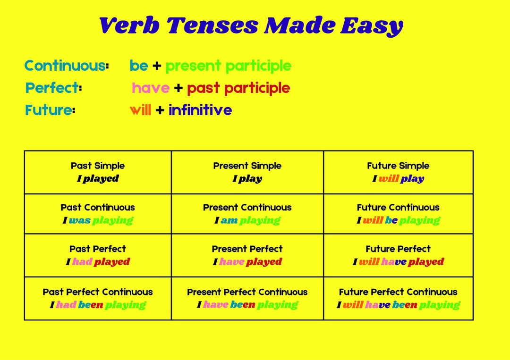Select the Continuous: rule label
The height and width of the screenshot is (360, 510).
(x=67, y=66)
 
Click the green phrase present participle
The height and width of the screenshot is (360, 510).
(x=228, y=66)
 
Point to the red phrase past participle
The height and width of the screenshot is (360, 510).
(x=238, y=88)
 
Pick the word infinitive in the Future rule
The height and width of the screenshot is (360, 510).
(x=200, y=110)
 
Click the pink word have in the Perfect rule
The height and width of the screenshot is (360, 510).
(x=151, y=88)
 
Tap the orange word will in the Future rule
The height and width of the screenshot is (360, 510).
(x=140, y=110)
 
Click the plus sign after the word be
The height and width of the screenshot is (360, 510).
(x=156, y=66)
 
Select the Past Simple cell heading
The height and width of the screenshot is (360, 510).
(x=98, y=166)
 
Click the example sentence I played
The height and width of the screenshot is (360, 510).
(x=98, y=178)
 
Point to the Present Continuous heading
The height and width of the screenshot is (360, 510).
(x=247, y=207)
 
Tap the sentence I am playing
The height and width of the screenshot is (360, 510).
(x=247, y=220)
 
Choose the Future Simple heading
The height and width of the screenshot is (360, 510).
(x=398, y=166)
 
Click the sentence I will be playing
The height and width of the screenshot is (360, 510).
(x=398, y=220)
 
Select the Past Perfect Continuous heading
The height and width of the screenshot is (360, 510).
(x=98, y=292)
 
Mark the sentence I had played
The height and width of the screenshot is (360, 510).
(x=98, y=262)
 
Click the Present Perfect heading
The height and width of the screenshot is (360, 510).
(x=247, y=249)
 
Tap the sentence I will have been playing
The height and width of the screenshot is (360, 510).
(x=398, y=305)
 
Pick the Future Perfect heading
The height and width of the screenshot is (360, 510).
(x=398, y=249)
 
